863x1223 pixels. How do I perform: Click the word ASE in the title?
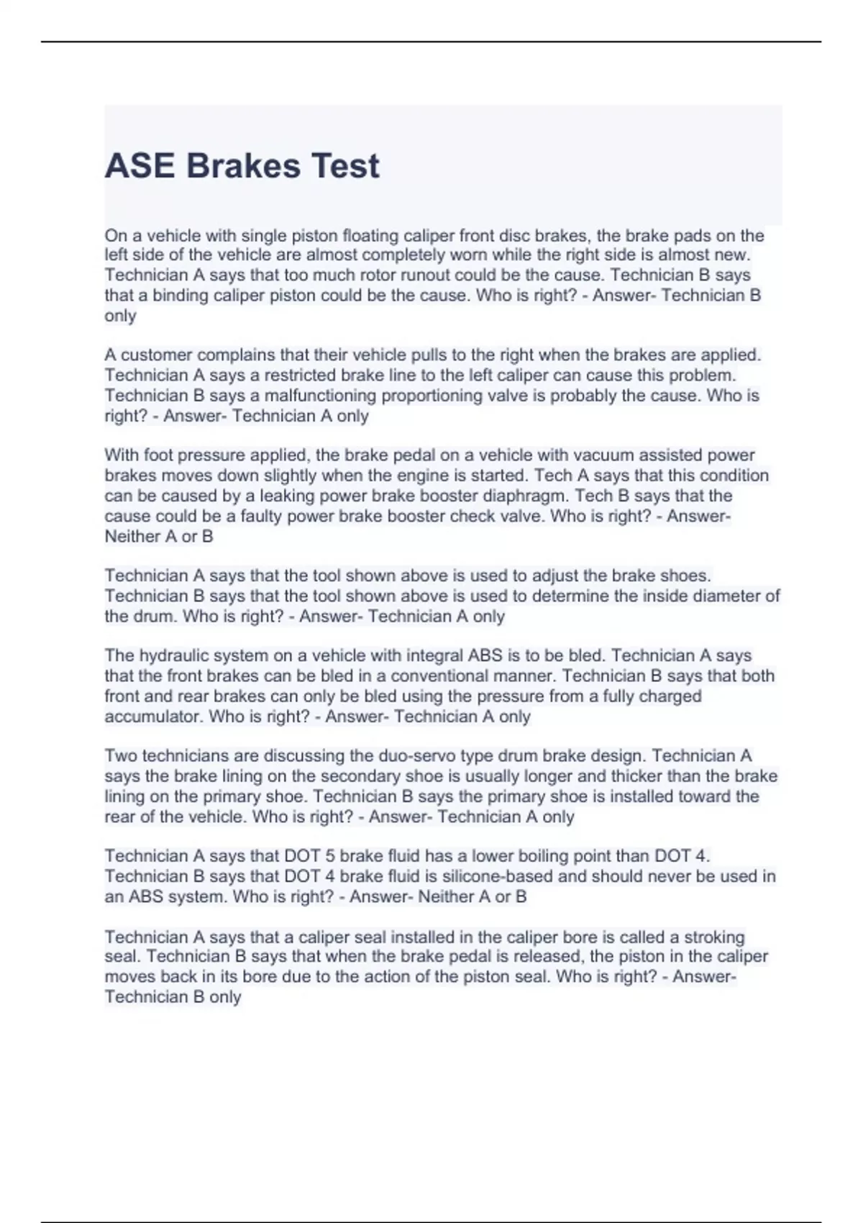pyautogui.click(x=140, y=166)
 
